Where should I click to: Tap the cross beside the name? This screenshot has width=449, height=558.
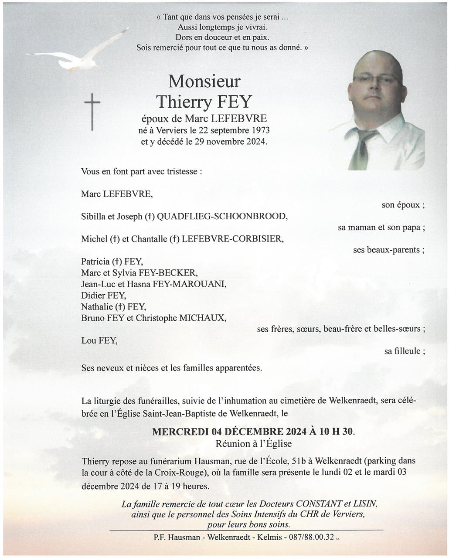92,112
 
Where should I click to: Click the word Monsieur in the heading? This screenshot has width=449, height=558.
204,81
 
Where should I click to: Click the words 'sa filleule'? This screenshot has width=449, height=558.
402,351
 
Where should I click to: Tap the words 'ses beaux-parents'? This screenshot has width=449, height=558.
386,250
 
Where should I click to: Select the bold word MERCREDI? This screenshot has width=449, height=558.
180,432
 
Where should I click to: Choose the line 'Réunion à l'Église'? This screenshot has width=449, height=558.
253,444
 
